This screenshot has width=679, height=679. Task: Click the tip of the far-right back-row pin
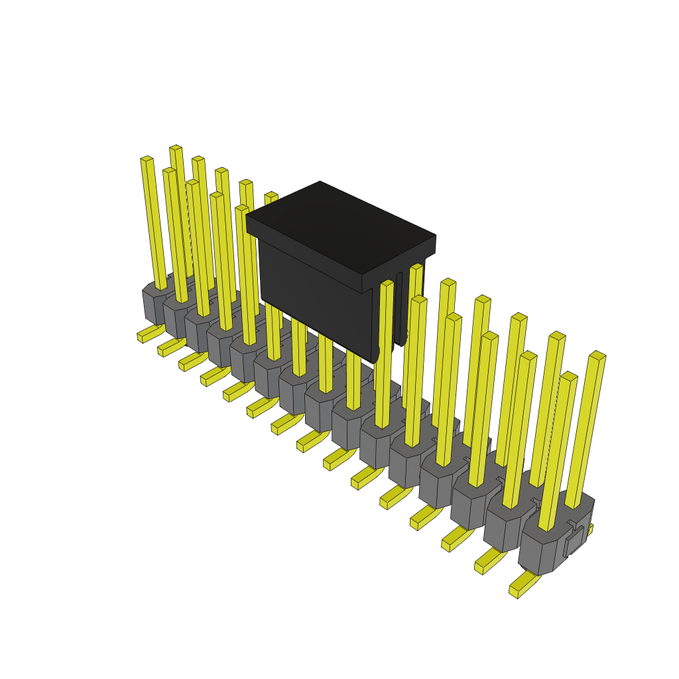[x=597, y=356]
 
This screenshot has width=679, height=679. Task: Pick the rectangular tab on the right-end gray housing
[x=574, y=541]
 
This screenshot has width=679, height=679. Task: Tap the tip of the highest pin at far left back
[x=175, y=149]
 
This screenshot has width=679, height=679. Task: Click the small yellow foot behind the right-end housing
[x=589, y=528]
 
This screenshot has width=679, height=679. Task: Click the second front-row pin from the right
[x=520, y=431]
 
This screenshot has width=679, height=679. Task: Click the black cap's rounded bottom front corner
[x=375, y=355]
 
